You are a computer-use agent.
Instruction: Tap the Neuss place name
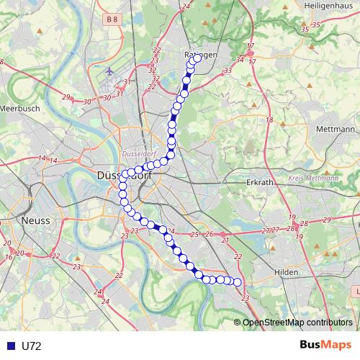click(36, 220)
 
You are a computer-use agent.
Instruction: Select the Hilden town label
click(287, 272)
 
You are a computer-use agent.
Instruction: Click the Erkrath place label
click(258, 183)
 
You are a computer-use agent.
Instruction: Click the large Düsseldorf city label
click(119, 176)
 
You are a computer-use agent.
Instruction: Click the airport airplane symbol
click(109, 72)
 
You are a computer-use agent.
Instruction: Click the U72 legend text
click(31, 346)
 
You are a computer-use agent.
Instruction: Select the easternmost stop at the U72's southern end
click(238, 282)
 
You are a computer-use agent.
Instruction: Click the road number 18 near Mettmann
click(269, 120)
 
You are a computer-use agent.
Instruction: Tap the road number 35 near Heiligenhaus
click(305, 27)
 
